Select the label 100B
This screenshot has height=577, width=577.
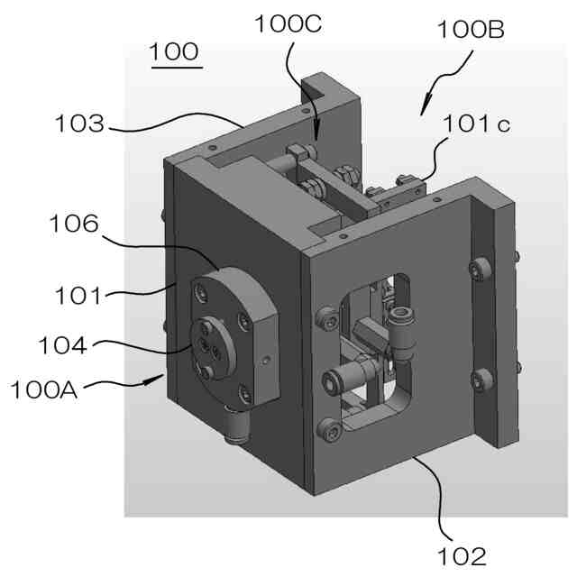pos(470,31)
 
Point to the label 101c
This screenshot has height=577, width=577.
pos(476,125)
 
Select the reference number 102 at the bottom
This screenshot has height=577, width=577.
pos(460,554)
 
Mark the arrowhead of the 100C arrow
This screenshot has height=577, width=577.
pos(315,138)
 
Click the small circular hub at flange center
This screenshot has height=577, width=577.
pos(208,347)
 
